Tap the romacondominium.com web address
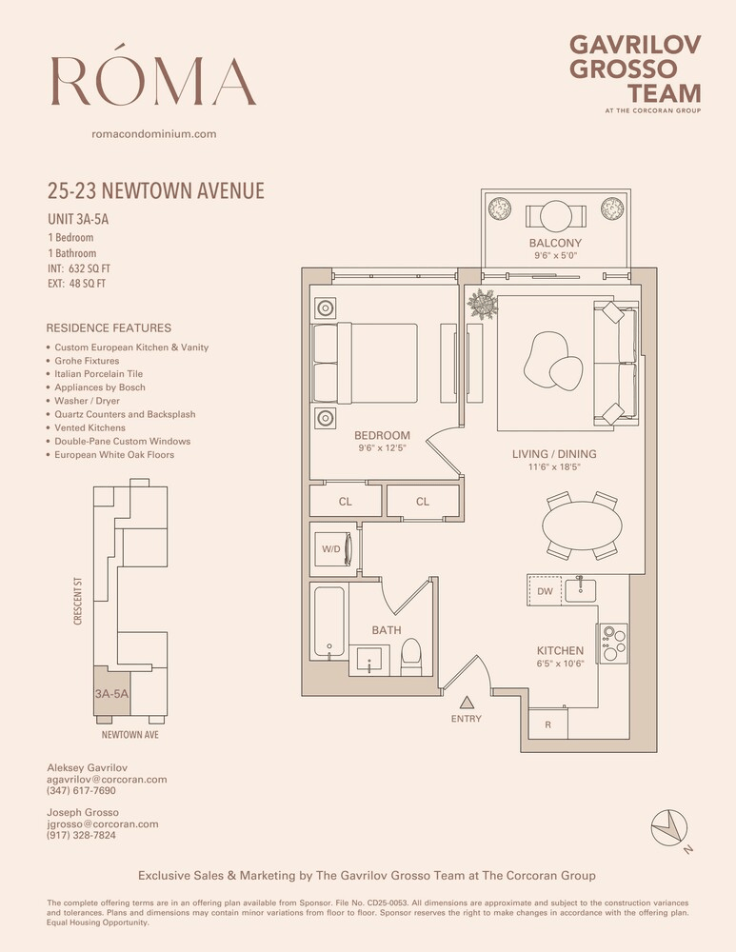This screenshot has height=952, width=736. [154, 133]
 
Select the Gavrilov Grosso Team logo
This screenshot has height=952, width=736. [635, 73]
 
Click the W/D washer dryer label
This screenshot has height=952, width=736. [331, 549]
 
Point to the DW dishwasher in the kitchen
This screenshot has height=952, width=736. [545, 591]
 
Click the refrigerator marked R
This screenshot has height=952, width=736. [547, 724]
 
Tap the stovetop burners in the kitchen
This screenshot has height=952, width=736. [612, 644]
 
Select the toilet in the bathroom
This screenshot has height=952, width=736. [411, 656]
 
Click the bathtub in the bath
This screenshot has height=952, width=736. [329, 622]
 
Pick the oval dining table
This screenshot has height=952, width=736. [582, 526]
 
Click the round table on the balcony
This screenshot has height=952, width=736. [556, 216]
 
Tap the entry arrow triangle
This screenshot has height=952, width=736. [467, 703]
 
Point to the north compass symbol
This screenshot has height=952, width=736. [669, 827]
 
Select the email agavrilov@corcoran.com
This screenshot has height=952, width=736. [107, 779]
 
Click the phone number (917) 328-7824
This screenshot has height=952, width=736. [81, 835]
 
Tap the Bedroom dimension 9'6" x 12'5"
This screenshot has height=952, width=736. [382, 448]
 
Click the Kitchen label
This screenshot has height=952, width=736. [560, 650]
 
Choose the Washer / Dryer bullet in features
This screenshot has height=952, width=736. [87, 401]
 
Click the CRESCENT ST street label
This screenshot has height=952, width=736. [78, 601]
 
